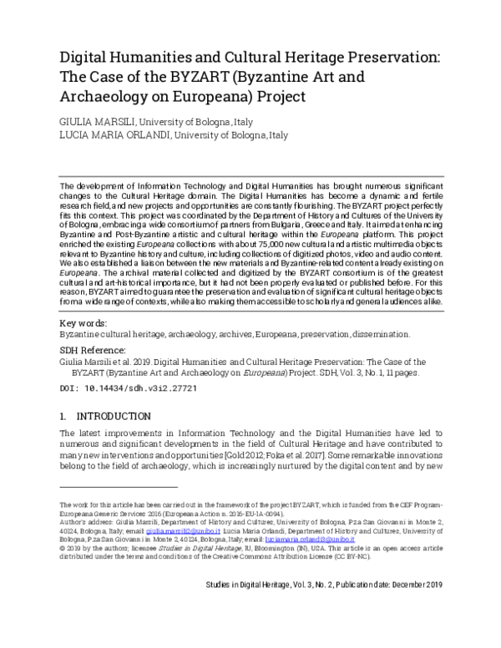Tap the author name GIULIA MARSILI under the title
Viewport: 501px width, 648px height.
point(94,121)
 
